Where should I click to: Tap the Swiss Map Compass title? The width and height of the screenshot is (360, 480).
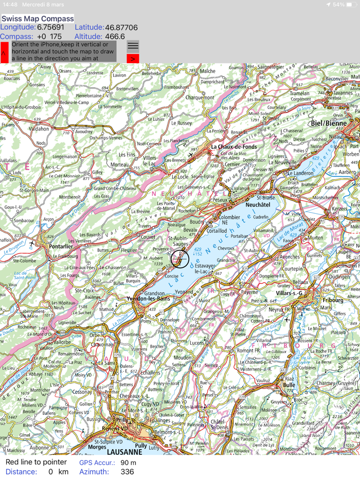pos(38,19)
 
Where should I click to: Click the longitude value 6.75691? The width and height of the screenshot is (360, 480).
pos(50,27)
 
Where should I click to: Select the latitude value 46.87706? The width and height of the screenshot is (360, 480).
pos(121,27)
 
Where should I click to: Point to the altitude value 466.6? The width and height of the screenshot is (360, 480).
pos(115,36)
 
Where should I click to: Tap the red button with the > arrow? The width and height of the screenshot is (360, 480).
pos(133,59)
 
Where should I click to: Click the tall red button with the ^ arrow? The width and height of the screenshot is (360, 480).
pos(4,52)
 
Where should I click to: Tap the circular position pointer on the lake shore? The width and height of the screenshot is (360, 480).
pos(179,259)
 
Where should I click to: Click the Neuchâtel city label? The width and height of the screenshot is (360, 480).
pos(258,204)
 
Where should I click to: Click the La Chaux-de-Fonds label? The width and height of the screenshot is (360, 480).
pos(234,146)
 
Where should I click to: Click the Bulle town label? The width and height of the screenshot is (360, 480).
pos(289,384)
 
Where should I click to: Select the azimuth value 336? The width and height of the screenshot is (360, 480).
pos(127,471)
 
